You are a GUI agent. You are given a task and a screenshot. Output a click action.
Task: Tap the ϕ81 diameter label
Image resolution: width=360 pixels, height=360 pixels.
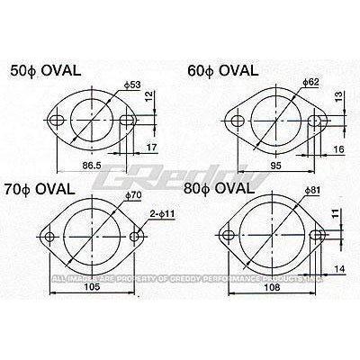tap(312, 190)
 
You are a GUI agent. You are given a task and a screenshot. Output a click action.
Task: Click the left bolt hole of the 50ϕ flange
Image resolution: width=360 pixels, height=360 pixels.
tap(58, 120)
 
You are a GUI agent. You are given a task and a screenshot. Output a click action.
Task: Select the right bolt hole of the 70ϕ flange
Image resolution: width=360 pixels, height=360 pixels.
tap(136, 238)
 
